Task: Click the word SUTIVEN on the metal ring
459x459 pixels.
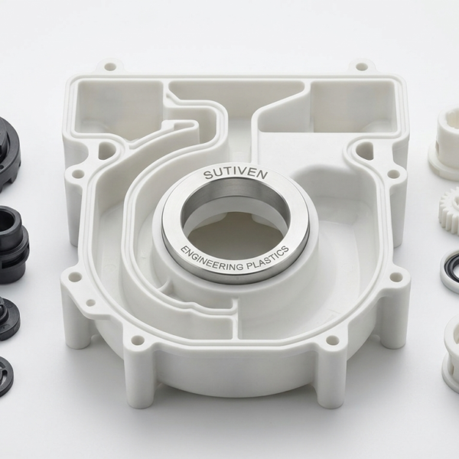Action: pyautogui.click(x=236, y=174)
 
